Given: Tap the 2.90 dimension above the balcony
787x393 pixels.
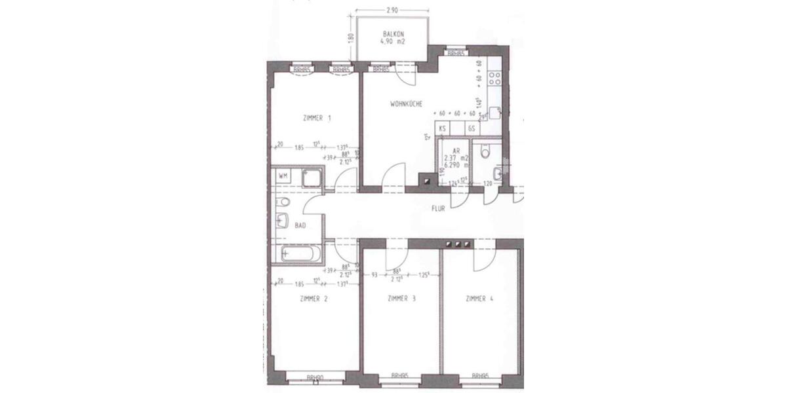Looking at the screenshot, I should (x=392, y=11).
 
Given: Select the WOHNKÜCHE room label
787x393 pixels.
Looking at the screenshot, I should (x=406, y=104).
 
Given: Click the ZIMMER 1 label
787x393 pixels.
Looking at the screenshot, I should (x=317, y=119).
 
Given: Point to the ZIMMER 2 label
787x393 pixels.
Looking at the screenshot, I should (x=313, y=299).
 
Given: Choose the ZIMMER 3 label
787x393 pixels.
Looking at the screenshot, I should (x=401, y=299).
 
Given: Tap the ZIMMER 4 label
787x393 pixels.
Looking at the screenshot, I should (x=479, y=299).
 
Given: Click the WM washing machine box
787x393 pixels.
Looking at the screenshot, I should (x=282, y=176).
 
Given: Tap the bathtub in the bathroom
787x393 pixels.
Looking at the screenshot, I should (x=301, y=253).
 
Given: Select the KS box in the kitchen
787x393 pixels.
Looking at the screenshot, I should (x=443, y=130).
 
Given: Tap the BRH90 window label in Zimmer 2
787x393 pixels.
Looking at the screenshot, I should (x=316, y=377).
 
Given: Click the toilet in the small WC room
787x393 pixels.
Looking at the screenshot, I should (x=485, y=153).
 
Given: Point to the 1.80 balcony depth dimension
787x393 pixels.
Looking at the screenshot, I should (x=352, y=37).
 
